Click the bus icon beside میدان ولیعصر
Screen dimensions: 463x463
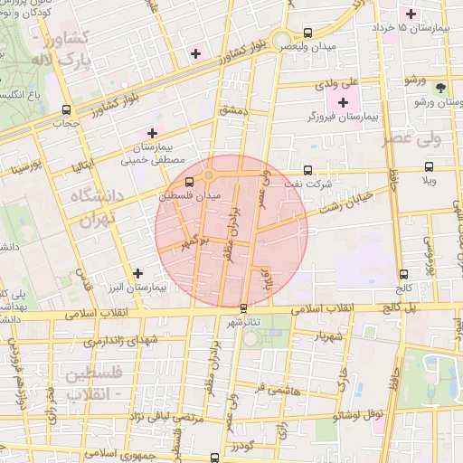308,31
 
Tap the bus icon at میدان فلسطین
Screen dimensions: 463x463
189,183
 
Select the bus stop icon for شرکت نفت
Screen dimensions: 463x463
308,169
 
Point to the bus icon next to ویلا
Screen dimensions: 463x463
430,166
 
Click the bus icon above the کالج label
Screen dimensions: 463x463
403,274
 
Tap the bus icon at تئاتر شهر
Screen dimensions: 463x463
244,308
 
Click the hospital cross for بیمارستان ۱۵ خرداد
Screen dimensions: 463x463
411,14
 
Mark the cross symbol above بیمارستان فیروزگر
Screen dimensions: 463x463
343,102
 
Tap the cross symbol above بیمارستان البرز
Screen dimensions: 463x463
137,273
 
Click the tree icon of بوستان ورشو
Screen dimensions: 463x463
440,88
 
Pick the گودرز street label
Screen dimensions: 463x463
243,447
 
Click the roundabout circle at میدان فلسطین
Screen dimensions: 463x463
210,175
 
